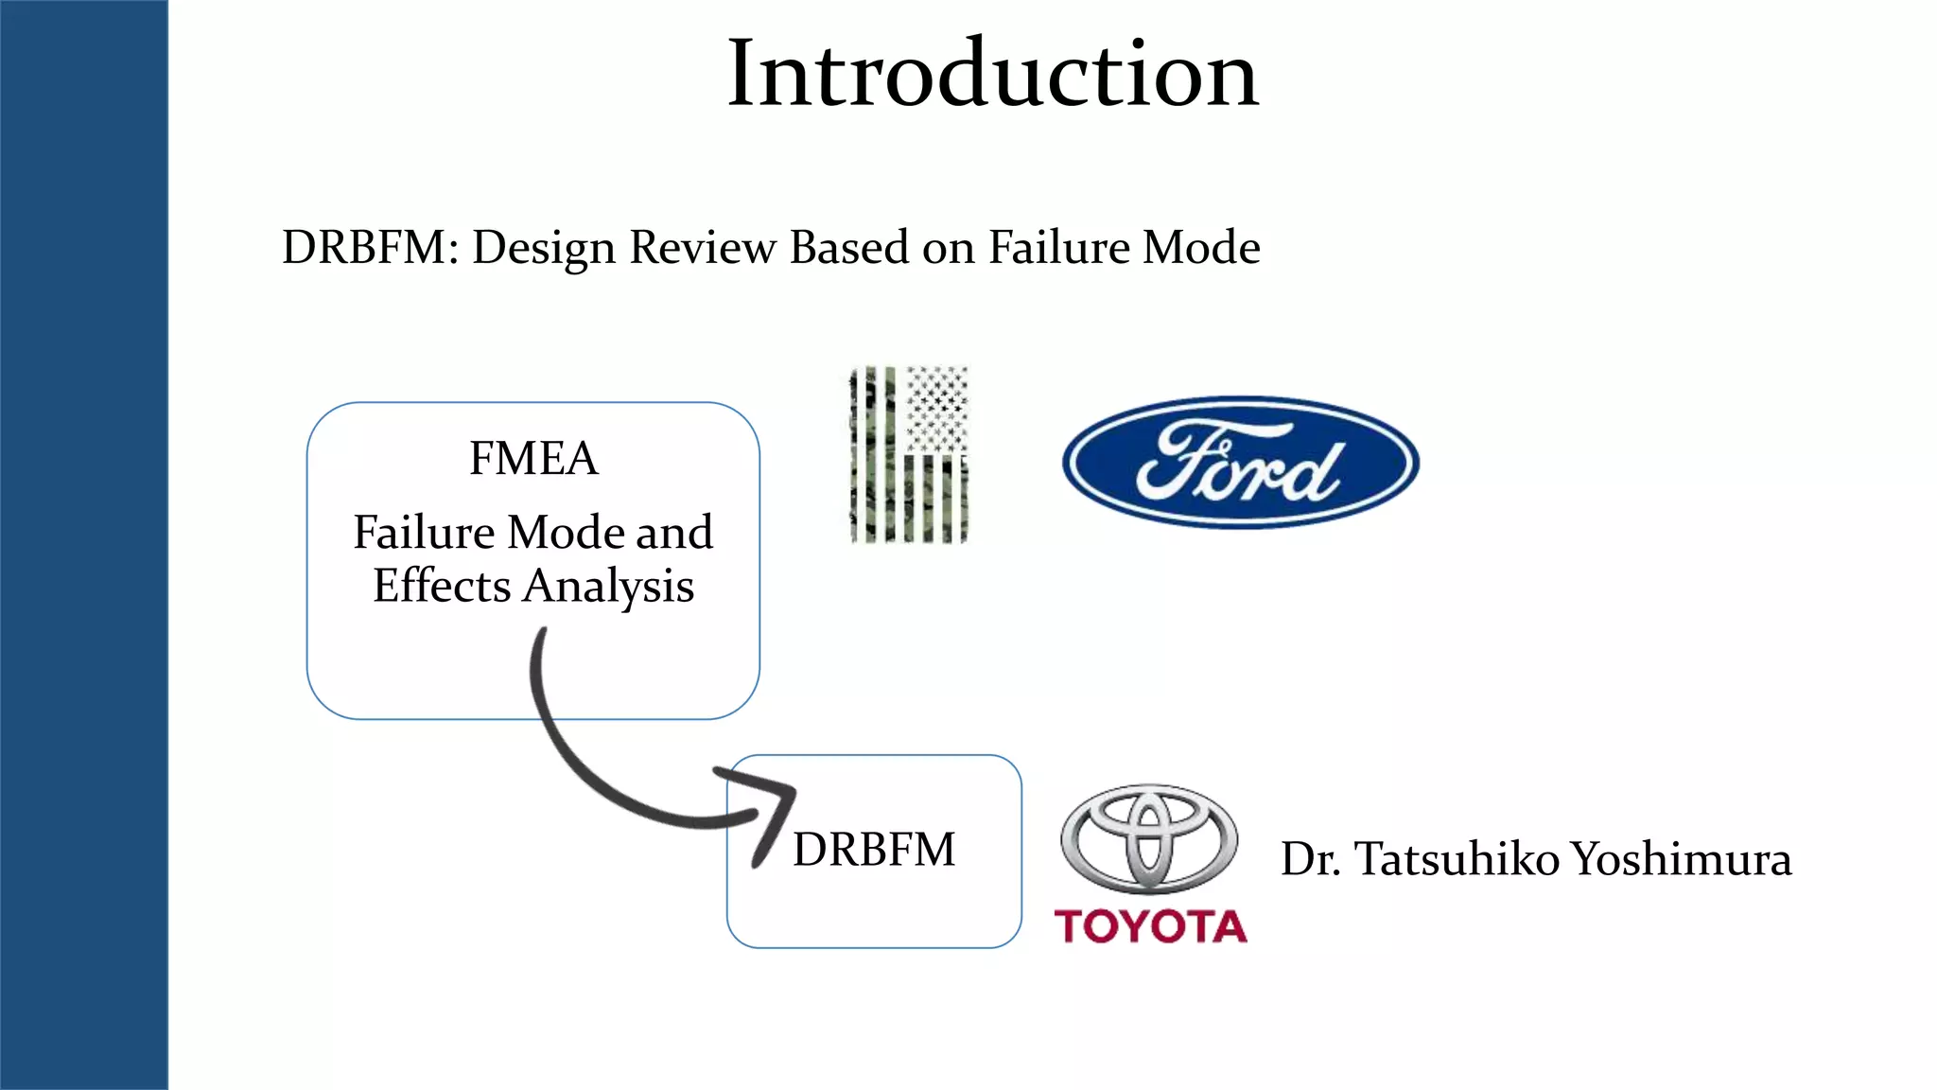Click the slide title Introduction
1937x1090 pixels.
coord(992,74)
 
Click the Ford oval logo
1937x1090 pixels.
coord(1240,462)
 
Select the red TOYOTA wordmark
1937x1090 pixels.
coord(1150,926)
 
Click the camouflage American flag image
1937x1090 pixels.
coord(908,455)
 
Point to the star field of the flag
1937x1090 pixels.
coord(936,407)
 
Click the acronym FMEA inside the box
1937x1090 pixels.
coord(533,459)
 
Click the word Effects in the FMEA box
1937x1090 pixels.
coord(442,586)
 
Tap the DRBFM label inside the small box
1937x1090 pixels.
coord(874,849)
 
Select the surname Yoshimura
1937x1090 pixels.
coord(1681,859)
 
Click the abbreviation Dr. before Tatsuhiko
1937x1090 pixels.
coord(1311,859)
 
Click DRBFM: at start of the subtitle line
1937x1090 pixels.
coord(370,248)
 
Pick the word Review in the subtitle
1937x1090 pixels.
coord(702,248)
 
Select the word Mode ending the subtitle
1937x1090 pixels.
coord(1200,248)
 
